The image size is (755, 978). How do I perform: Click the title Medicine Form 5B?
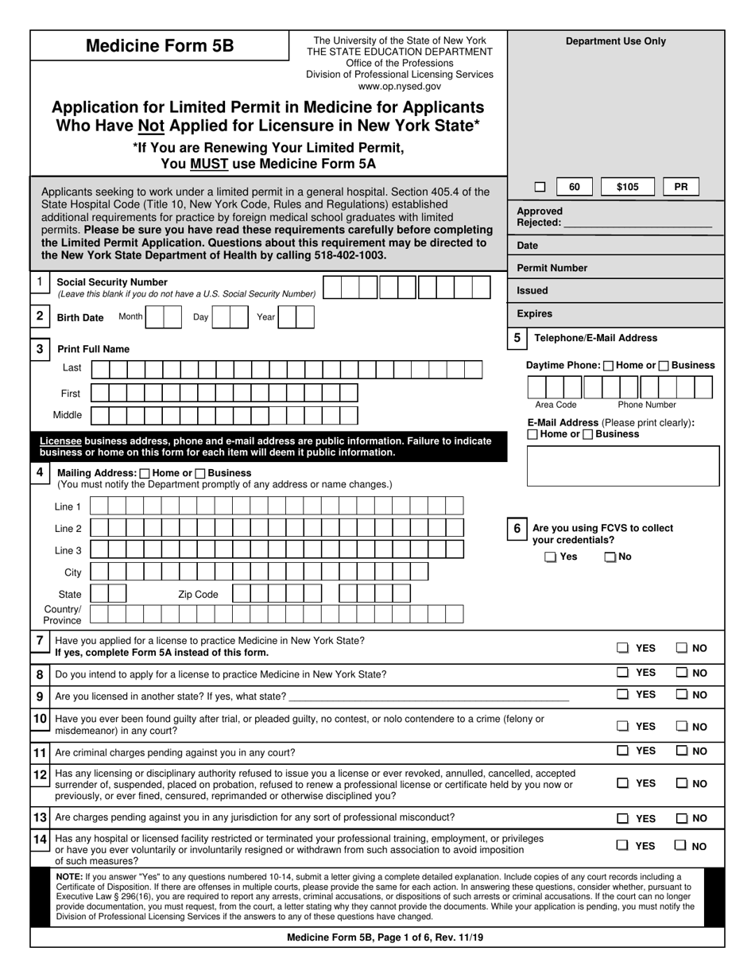point(160,46)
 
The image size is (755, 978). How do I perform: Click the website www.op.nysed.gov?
point(399,86)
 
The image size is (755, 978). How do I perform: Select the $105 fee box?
point(627,187)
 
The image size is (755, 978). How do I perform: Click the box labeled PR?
point(681,187)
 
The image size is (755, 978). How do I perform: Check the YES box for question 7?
point(624,648)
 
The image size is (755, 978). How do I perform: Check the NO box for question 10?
point(682,726)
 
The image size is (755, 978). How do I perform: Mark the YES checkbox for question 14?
point(624,846)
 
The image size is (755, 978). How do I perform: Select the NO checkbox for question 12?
point(682,783)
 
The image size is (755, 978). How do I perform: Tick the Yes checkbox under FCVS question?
point(551,557)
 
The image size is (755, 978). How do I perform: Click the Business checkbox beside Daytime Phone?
point(664,366)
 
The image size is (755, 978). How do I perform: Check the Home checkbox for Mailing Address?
point(144,473)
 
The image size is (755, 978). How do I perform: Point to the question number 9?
point(40,697)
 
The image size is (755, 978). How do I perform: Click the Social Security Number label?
point(112,282)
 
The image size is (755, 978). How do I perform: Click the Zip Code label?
point(197,594)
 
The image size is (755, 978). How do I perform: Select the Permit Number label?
point(552,268)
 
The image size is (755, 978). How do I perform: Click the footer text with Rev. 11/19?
point(385,937)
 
